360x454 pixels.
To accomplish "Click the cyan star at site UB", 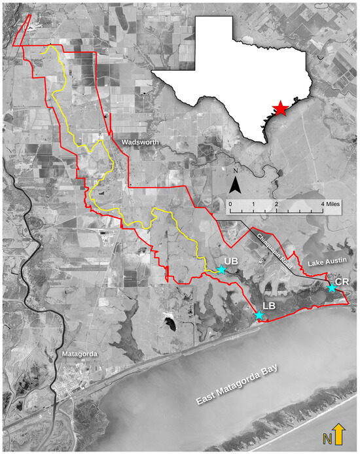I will click(x=222, y=270).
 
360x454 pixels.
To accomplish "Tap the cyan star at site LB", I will click(x=259, y=316).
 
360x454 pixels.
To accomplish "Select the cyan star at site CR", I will click(x=332, y=288).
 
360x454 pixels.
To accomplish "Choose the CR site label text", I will click(x=342, y=280).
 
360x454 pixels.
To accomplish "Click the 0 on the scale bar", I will click(x=230, y=205).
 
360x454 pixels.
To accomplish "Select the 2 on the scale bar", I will click(x=277, y=205).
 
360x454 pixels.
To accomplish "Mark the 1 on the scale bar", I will click(x=253, y=205).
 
